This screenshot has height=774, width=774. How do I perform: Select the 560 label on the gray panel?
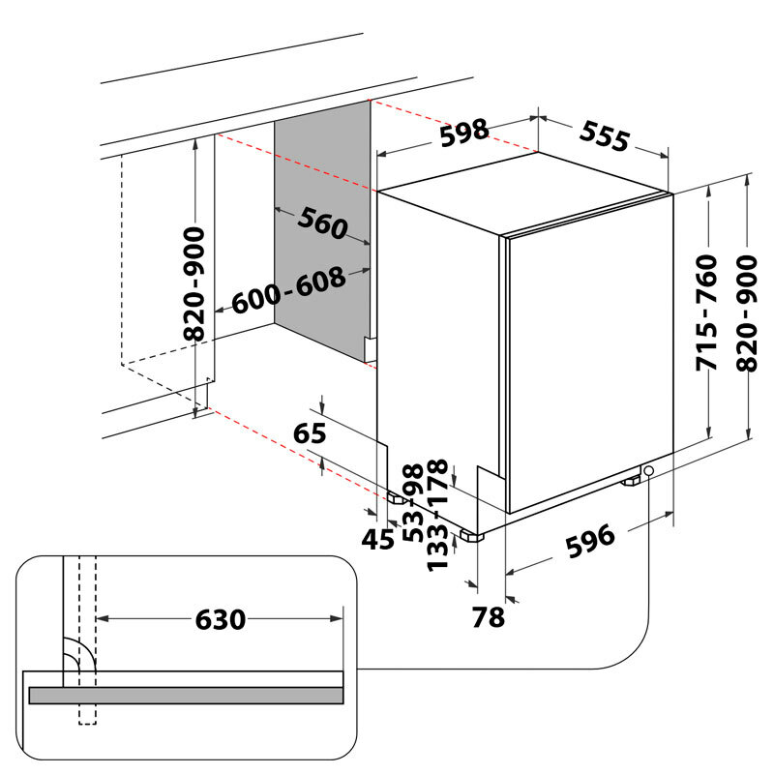tap(322, 224)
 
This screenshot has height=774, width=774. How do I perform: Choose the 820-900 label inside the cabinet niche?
tap(195, 283)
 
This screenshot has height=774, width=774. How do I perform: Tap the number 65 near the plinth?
tap(311, 433)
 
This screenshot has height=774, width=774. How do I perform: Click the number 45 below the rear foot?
tap(377, 539)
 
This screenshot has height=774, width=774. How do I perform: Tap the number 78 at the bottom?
tap(489, 616)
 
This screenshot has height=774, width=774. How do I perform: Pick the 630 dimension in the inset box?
tap(221, 619)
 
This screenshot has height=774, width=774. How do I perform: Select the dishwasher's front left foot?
tap(474, 535)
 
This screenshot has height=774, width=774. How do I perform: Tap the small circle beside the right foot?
tap(647, 471)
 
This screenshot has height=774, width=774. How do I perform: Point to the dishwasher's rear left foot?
tap(398, 498)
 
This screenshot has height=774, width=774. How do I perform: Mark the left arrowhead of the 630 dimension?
tap(104, 617)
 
